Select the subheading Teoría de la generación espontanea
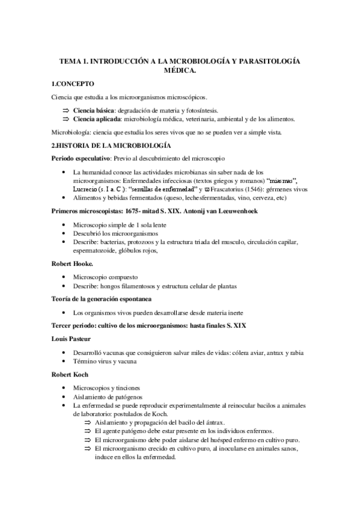[100, 298]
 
